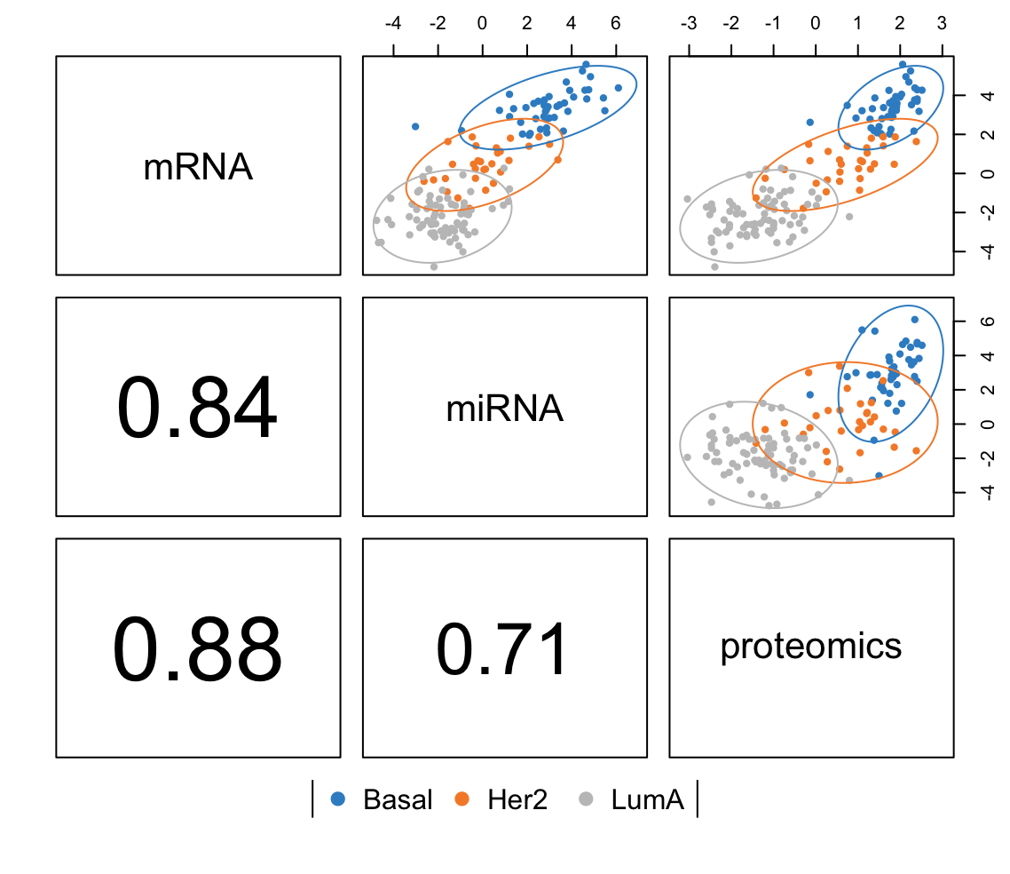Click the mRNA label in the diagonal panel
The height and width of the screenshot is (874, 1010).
click(198, 167)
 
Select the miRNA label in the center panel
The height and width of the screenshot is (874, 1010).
click(504, 408)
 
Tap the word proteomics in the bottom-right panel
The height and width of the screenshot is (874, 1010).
click(810, 647)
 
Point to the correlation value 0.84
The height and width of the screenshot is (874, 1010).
click(198, 409)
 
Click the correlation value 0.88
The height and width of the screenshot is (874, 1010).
click(198, 649)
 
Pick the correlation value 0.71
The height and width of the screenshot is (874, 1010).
click(503, 649)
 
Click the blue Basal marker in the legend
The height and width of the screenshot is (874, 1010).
click(337, 799)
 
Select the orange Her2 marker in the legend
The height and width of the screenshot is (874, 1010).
click(462, 799)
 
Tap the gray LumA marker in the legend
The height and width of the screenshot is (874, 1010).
click(586, 799)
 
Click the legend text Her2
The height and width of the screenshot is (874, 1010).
click(517, 800)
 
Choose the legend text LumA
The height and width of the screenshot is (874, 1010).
click(647, 800)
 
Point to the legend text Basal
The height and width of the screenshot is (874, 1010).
click(398, 800)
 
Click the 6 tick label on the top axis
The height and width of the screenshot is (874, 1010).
click(615, 23)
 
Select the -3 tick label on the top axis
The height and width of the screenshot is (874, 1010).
click(687, 23)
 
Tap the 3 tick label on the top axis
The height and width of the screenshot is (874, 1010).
click(941, 23)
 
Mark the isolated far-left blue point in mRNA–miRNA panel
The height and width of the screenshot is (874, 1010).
click(414, 127)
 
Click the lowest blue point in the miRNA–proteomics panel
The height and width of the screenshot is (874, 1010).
click(879, 476)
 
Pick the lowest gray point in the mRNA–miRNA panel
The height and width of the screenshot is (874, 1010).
click(434, 266)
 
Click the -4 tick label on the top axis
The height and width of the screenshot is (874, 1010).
click(392, 23)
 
